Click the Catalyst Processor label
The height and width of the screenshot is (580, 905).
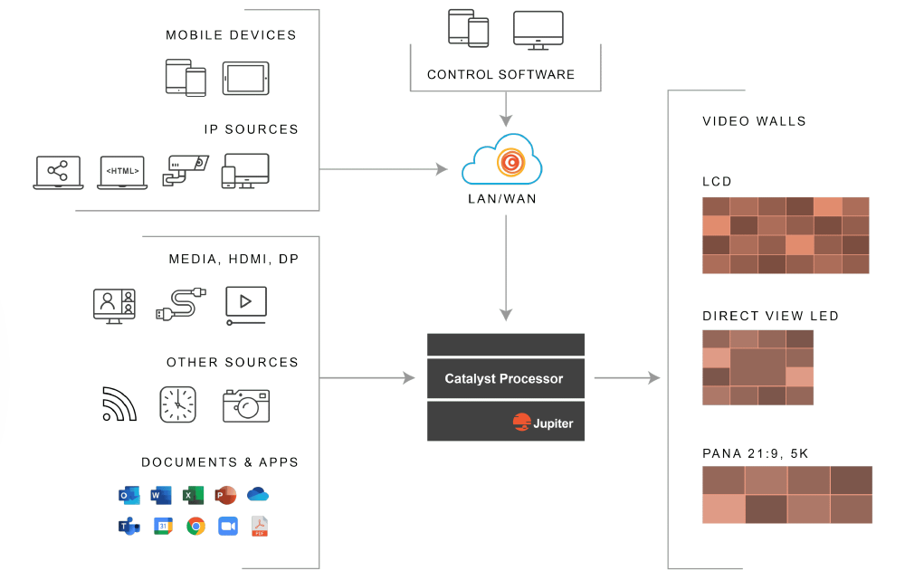[x=504, y=379]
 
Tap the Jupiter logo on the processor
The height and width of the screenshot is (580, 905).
[x=543, y=423]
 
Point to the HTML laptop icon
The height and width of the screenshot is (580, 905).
[x=121, y=172]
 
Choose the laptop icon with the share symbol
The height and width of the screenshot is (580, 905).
[x=58, y=172]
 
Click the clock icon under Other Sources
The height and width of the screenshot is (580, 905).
[x=177, y=404]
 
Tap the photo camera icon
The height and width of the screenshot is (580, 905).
[x=246, y=404]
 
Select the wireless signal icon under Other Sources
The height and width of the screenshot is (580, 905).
[x=119, y=404]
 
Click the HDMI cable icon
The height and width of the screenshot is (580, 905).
[x=180, y=304]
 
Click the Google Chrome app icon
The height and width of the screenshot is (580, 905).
[x=195, y=527]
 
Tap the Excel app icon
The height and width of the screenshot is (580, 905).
[x=193, y=495]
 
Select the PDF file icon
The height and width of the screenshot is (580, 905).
[x=260, y=527]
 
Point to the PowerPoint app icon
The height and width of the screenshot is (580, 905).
[x=225, y=495]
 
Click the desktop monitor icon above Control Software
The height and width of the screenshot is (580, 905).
[x=538, y=30]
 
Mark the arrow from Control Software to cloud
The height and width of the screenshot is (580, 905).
[x=506, y=109]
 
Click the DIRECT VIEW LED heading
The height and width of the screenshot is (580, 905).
[x=770, y=316]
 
